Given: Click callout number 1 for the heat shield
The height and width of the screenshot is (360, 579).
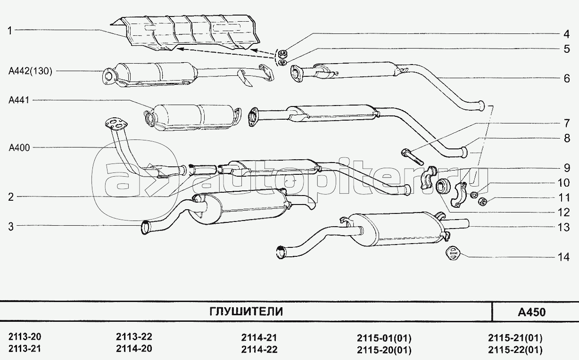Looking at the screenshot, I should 9,31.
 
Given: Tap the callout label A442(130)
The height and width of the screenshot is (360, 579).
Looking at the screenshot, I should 30,71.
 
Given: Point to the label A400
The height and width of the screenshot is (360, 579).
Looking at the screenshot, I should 19,147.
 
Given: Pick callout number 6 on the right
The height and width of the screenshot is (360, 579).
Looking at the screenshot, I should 566,78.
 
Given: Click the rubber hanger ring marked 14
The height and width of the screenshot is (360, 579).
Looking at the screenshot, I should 452,253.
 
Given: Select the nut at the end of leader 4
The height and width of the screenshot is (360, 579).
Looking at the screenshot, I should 283,52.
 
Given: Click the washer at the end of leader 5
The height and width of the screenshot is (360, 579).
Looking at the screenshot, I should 282,62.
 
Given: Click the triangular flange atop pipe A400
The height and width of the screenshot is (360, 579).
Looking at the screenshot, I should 115,124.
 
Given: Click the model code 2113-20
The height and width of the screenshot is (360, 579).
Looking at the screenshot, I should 25,337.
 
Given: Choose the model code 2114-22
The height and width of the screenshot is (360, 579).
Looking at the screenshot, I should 259,350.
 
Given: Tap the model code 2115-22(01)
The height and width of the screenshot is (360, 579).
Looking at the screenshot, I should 515,350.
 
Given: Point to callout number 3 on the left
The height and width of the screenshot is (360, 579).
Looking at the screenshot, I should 9,226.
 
